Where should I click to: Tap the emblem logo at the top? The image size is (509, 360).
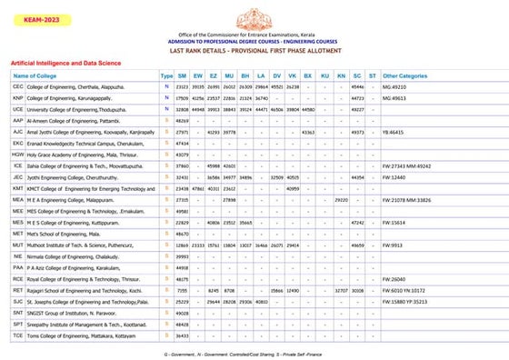coord(255,16)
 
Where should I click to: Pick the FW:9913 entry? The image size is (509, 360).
coord(394,245)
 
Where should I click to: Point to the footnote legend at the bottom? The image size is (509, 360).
coord(255,351)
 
